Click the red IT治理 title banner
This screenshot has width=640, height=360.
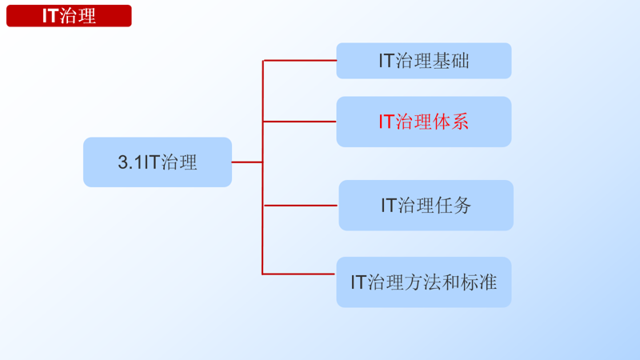69,16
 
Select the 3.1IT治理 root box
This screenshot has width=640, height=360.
158,162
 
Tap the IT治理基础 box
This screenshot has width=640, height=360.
423,61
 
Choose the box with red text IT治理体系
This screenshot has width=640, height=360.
423,122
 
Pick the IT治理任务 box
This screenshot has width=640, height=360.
426,206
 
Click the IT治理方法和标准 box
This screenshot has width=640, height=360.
423,282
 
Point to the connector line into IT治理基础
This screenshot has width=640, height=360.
300,60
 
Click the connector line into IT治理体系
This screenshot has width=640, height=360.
300,122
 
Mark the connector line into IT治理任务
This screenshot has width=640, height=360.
300,206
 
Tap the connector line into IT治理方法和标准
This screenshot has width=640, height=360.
300,274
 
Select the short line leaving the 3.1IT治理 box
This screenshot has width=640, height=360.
247,162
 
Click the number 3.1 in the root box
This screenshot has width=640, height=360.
130,163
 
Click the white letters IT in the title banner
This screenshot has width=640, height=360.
50,16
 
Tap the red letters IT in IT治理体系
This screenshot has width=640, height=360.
386,122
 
